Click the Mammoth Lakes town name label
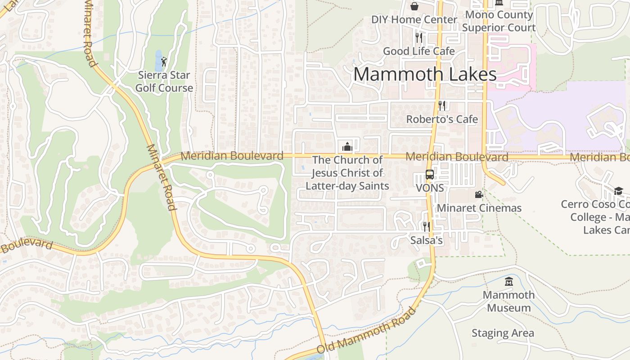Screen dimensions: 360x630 point(425,74)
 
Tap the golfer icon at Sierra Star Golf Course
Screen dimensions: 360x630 point(164,62)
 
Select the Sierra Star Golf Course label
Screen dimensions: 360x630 point(164,81)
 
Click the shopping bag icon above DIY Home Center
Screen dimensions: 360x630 point(414,6)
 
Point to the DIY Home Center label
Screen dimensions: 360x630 point(414,20)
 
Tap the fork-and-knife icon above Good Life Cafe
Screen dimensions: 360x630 point(419,37)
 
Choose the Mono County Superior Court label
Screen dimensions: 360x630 point(499,21)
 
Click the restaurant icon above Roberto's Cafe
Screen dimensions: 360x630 point(442,106)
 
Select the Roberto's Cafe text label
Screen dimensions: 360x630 point(442,119)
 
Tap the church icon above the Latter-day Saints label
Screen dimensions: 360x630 point(347,146)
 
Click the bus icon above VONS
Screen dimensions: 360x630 point(430,175)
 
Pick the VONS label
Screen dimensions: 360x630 point(430,188)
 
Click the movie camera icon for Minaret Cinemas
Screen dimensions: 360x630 point(479,194)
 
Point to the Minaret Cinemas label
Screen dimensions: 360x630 point(479,208)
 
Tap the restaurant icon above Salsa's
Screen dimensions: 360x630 point(426,226)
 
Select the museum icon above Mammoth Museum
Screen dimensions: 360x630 point(509,282)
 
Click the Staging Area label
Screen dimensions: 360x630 point(503,333)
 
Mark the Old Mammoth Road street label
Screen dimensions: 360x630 point(367,331)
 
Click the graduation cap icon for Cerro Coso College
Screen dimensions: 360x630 point(618,191)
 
